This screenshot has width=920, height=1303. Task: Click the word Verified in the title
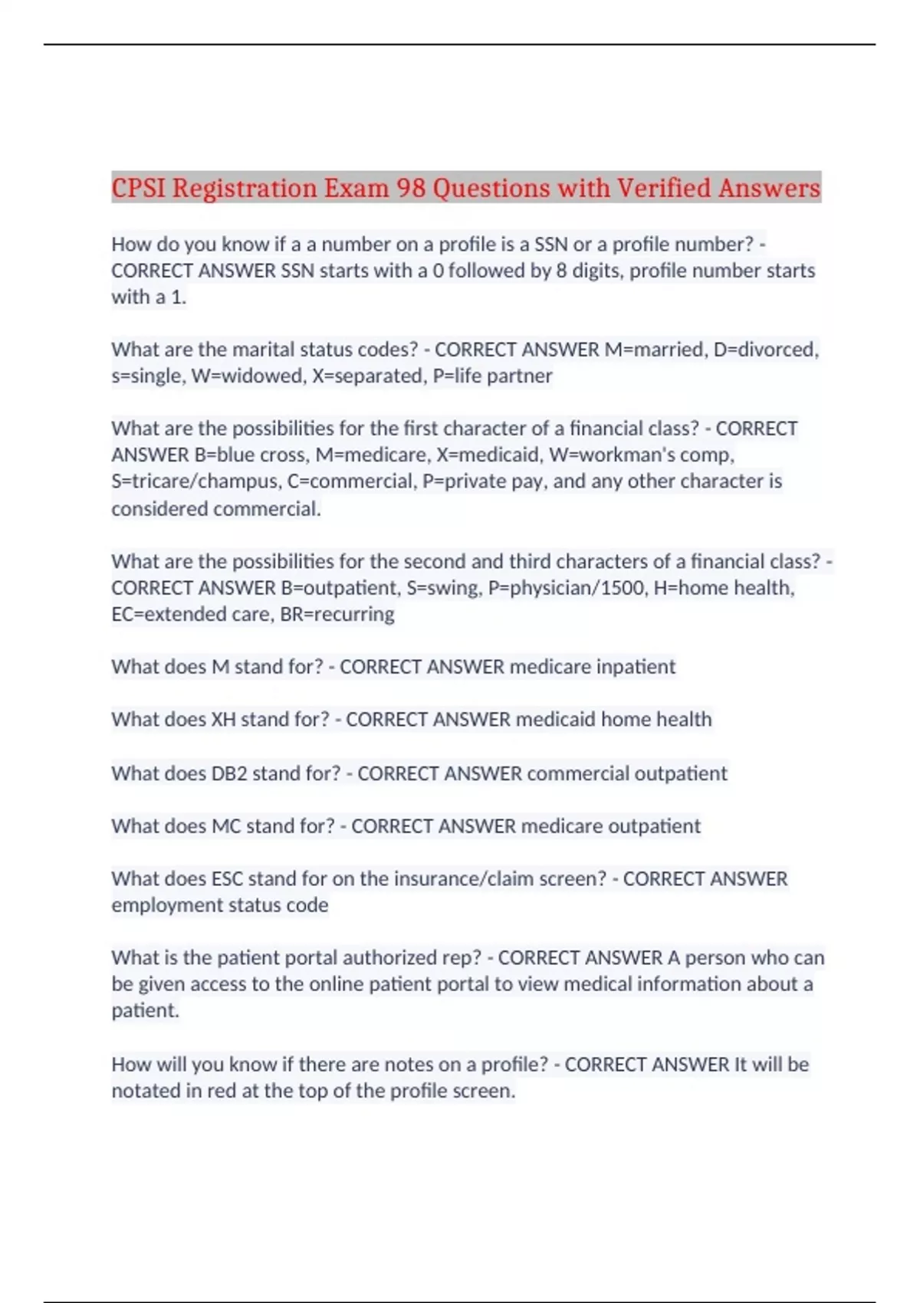coord(664,188)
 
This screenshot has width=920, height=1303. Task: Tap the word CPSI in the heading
coord(138,188)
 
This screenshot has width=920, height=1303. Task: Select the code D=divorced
coord(765,350)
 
